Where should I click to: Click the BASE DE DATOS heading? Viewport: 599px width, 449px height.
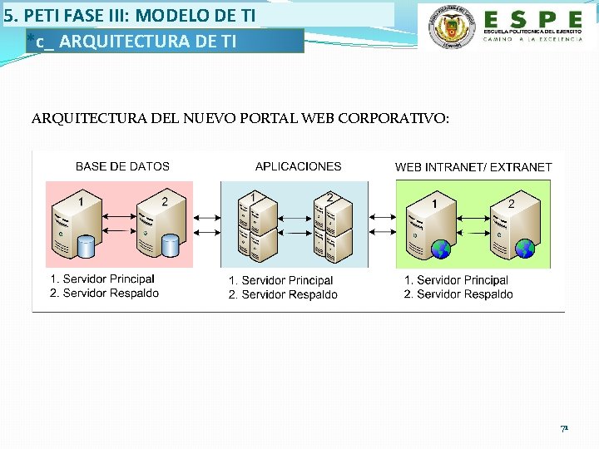click(x=122, y=166)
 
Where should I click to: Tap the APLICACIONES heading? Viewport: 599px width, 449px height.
click(x=298, y=166)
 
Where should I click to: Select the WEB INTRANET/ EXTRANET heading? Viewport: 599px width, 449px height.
click(x=473, y=167)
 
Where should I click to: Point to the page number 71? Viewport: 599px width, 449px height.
click(x=563, y=429)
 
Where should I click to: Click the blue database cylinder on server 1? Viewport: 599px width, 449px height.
click(x=85, y=246)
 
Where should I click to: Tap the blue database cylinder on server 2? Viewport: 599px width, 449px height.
click(x=170, y=246)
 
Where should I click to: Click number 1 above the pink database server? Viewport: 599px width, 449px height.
click(x=81, y=200)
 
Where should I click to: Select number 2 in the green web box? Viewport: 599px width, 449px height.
click(x=511, y=204)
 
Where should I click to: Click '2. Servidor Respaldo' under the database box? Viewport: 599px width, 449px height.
click(x=104, y=293)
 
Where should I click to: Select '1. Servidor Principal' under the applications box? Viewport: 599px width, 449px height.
click(x=280, y=281)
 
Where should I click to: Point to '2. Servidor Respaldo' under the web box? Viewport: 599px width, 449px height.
click(x=458, y=294)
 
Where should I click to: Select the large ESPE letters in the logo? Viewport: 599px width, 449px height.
click(x=533, y=19)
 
